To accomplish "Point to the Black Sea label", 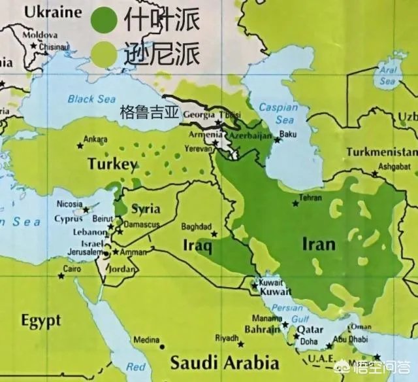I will click(91, 99).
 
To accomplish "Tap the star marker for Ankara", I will click(80, 145).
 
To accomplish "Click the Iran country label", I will click(319, 245).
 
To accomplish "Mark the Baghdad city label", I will click(196, 227).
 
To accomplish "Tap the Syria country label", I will click(146, 209).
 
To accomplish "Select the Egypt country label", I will click(40, 321).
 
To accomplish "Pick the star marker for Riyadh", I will click(241, 343).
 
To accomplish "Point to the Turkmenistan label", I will click(381, 152).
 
